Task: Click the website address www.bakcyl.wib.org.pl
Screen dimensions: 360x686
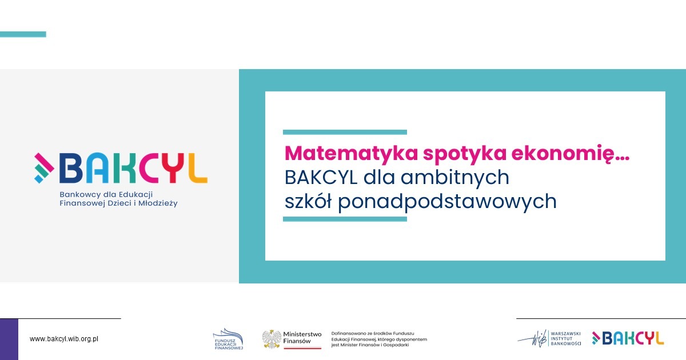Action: pos(64,339)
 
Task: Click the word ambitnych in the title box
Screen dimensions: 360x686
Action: pos(455,178)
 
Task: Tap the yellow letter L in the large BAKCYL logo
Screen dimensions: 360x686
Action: pos(197,169)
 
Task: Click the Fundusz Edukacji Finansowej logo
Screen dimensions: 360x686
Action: pos(228,339)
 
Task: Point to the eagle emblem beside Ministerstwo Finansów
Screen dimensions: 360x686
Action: pos(272,339)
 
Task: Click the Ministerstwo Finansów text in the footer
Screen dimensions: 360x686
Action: pos(302,337)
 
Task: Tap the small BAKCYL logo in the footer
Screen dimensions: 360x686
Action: pos(628,338)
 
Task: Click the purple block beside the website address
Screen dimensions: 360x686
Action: pos(9,339)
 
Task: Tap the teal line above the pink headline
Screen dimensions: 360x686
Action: pos(345,132)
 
